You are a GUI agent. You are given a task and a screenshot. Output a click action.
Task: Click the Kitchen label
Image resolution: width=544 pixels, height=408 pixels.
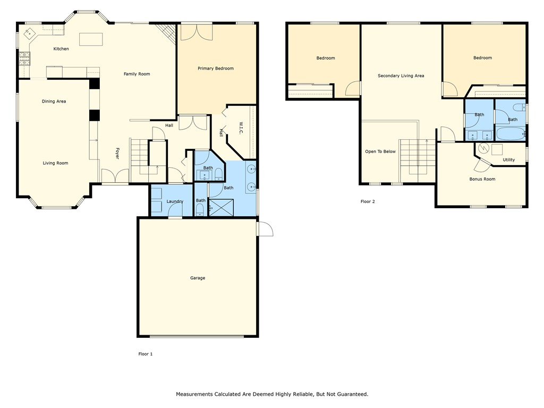click(61, 49)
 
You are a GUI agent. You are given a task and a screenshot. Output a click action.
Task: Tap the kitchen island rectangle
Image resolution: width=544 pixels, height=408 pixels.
click(91, 39)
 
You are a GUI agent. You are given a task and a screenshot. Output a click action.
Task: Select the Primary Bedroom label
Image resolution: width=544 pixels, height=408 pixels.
click(216, 69)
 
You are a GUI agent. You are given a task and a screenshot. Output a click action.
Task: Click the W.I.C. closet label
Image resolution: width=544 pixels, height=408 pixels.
click(241, 128)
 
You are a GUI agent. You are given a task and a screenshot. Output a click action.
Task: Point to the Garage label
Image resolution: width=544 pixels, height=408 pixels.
click(198, 278)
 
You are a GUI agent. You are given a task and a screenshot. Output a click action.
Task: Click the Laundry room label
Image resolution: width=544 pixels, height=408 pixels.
click(175, 201)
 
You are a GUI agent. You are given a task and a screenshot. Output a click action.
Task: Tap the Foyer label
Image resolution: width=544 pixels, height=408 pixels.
click(117, 153)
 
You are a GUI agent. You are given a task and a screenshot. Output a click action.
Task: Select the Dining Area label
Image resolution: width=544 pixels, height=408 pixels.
click(54, 101)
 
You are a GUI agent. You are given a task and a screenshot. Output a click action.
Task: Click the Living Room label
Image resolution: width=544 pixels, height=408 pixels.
click(55, 163)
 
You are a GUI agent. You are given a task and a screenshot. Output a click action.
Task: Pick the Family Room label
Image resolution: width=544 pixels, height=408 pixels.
click(137, 74)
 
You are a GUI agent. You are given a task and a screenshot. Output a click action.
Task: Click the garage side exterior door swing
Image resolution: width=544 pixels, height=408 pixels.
click(265, 228)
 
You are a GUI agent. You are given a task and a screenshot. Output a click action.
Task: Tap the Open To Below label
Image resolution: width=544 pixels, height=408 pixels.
click(380, 151)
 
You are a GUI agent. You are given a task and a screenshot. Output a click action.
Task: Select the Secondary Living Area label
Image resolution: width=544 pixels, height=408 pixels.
click(401, 76)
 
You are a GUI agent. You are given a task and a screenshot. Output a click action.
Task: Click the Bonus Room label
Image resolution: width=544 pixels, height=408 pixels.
click(482, 179)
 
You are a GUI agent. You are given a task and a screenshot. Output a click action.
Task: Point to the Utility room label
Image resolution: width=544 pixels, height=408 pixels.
click(508, 159)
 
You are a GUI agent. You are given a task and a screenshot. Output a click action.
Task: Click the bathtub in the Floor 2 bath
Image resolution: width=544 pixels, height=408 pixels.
click(510, 133)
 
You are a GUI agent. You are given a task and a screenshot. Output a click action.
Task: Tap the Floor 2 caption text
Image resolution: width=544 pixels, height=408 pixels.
click(368, 201)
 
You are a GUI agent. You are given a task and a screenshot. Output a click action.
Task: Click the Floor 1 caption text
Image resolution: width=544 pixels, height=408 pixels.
click(145, 354)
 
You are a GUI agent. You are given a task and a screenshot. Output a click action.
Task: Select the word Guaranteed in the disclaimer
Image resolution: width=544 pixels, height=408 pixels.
click(350, 394)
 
